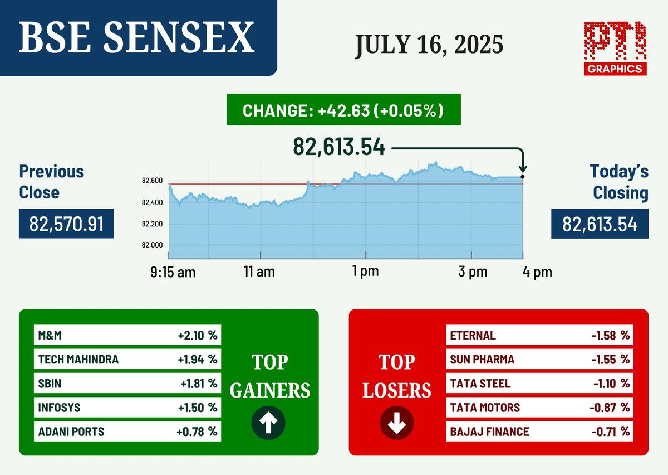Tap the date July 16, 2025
[429, 45]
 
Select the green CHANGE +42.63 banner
[343, 110]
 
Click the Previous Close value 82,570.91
[66, 224]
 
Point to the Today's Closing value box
[600, 224]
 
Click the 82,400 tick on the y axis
[152, 202]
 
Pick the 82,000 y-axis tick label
[152, 245]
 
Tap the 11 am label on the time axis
[259, 272]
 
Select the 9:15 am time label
[173, 272]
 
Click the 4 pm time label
[537, 272]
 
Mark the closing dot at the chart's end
[523, 177]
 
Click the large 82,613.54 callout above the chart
[339, 147]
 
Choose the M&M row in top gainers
[127, 335]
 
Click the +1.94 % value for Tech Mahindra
[198, 360]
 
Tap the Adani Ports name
[71, 432]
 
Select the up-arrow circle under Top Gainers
[268, 423]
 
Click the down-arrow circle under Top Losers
[396, 423]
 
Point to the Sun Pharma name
[482, 360]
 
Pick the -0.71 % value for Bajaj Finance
[611, 432]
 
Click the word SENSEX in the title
[179, 38]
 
